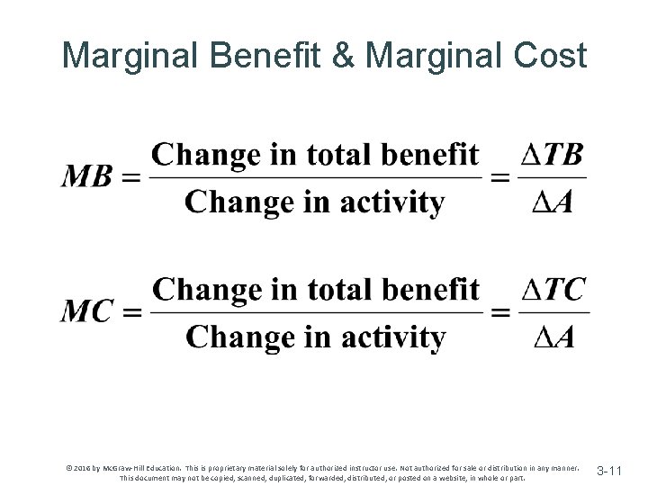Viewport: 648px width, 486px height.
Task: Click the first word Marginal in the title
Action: tap(130, 57)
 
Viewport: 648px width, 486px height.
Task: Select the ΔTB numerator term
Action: tap(552, 156)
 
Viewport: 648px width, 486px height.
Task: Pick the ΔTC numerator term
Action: tap(552, 291)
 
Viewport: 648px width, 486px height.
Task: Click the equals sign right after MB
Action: tap(130, 177)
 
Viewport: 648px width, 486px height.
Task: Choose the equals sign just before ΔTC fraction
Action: tap(499, 312)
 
